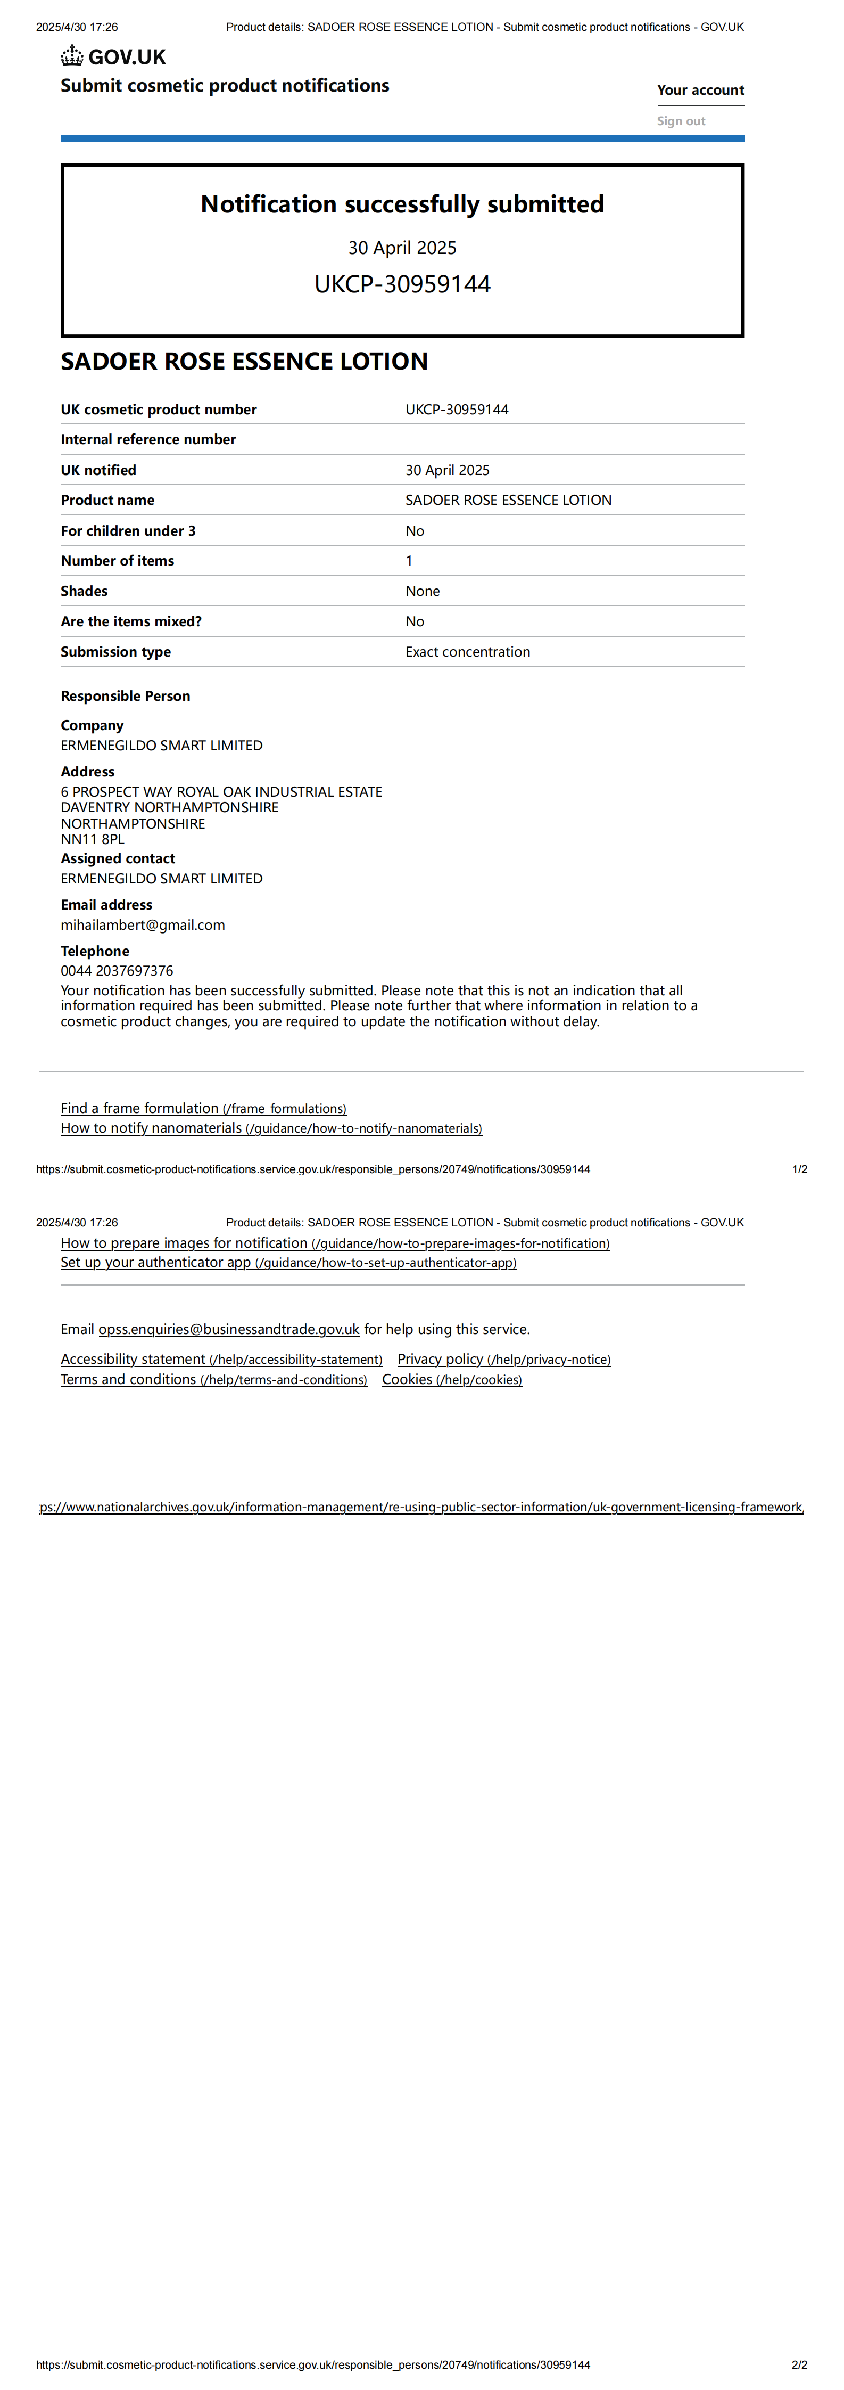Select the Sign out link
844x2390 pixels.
[x=681, y=121]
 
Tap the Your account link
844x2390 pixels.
[x=700, y=90]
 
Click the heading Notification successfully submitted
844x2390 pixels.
[x=402, y=204]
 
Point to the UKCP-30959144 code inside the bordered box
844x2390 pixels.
[x=402, y=284]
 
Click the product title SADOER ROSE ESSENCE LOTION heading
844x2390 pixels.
[x=244, y=361]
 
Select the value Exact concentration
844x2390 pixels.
[x=467, y=652]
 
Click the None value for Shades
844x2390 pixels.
[x=422, y=591]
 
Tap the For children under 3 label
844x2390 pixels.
[x=128, y=531]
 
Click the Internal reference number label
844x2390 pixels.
[x=148, y=440]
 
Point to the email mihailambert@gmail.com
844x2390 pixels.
[x=143, y=925]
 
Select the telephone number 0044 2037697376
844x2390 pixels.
[x=117, y=970]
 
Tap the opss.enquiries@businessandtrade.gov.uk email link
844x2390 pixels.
[x=228, y=1330]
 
